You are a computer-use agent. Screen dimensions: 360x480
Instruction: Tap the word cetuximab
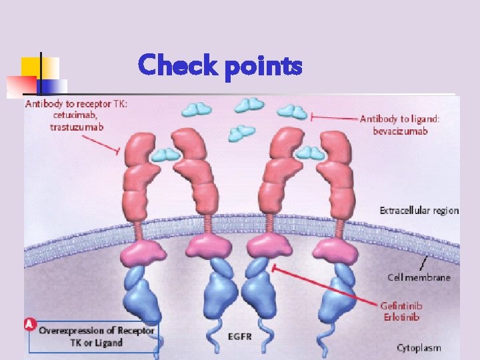coord(73,115)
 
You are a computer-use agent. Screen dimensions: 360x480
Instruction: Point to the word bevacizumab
coord(401,131)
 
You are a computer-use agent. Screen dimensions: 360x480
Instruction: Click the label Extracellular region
coord(419,211)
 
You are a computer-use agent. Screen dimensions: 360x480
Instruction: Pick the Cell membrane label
coord(419,277)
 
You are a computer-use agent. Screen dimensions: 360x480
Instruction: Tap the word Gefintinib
coord(401,306)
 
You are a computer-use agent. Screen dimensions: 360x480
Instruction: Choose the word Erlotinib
coord(401,317)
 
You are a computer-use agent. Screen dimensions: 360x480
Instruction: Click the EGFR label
coord(240,337)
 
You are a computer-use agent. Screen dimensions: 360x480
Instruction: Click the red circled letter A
coord(29,325)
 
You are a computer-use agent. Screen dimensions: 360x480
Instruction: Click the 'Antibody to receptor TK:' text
coord(75,103)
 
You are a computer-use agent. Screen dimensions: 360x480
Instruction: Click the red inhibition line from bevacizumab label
coord(333,118)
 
